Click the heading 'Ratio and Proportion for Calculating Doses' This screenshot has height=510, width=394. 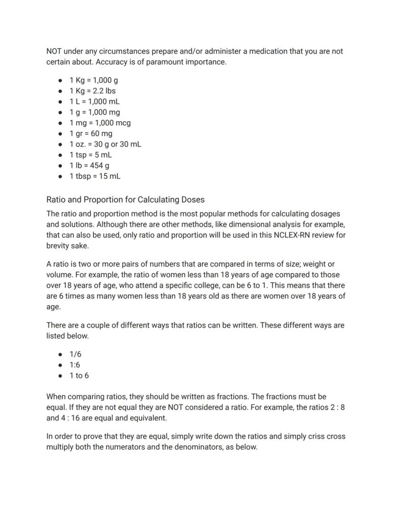[125, 200]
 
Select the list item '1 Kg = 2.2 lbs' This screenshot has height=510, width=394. [92, 91]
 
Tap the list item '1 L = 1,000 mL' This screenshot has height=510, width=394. [94, 101]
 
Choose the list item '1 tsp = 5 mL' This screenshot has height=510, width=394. [90, 155]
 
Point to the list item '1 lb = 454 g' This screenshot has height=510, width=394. [89, 166]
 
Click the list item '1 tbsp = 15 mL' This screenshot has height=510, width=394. [95, 176]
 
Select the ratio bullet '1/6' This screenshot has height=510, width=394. [75, 354]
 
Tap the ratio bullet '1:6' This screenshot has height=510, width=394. [75, 365]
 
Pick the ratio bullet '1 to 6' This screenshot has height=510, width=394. [79, 376]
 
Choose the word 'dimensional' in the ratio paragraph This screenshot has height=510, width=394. [239, 224]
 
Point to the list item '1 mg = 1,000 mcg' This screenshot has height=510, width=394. [100, 123]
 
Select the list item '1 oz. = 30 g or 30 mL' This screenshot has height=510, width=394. [105, 144]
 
